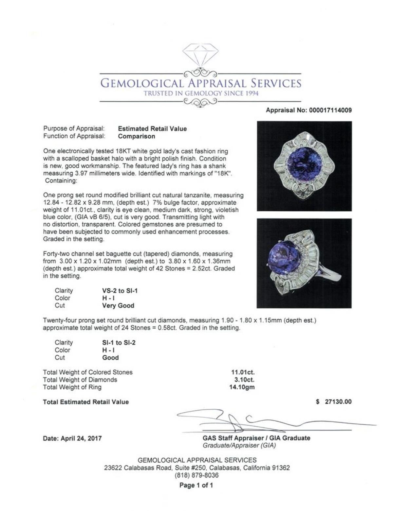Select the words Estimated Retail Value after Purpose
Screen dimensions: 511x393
(x=152, y=129)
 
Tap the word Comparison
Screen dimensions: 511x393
(x=137, y=136)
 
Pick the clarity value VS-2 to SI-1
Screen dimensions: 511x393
(x=120, y=291)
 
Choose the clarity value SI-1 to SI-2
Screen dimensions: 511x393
(x=119, y=343)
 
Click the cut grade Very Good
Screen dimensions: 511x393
(x=118, y=306)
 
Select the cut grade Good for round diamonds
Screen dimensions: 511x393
(x=110, y=358)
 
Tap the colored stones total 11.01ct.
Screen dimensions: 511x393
(x=243, y=372)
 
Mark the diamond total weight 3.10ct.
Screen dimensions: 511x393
(x=245, y=380)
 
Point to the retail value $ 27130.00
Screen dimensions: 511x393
(x=334, y=402)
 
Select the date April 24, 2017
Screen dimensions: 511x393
(x=81, y=438)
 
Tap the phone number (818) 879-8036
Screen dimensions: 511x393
(x=197, y=475)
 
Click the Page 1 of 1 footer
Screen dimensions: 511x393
(x=196, y=485)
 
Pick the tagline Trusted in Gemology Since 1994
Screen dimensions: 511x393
(x=201, y=94)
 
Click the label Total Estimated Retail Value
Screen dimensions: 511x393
(x=86, y=402)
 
